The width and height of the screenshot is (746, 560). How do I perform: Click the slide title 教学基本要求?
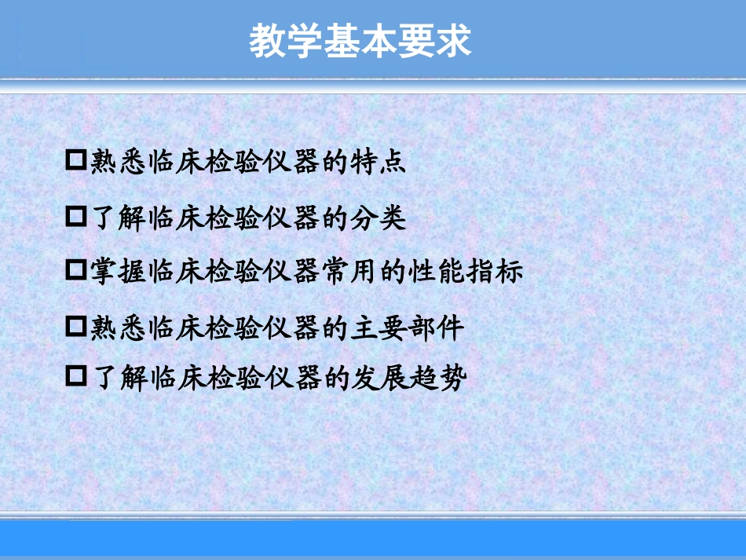(x=360, y=41)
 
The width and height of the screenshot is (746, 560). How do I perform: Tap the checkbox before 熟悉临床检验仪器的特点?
(x=76, y=161)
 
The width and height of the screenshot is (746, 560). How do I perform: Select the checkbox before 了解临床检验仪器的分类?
(x=76, y=218)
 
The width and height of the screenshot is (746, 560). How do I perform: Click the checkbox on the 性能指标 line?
(x=76, y=271)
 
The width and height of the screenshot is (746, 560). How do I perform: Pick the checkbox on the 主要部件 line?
(x=76, y=327)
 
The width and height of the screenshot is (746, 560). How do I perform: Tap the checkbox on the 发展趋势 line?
(x=76, y=378)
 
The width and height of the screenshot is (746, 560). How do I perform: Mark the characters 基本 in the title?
(x=360, y=41)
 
